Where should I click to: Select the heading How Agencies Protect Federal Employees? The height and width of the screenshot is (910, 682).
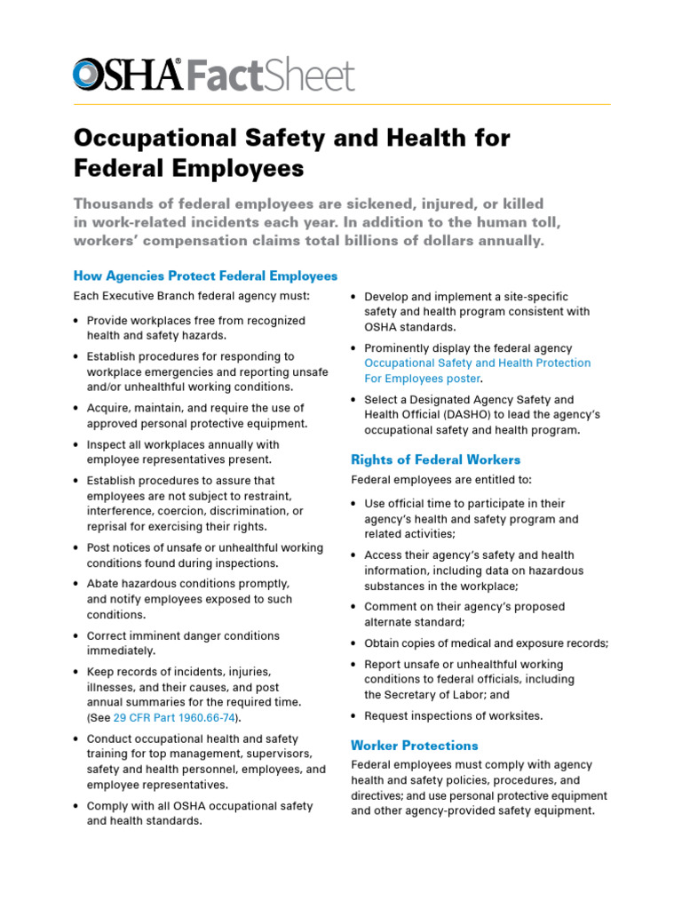[205, 275]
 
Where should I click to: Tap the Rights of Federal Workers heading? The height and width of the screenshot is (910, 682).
[435, 459]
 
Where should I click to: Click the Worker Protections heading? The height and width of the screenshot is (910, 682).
[415, 745]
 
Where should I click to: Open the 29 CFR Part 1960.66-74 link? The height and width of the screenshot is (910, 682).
[177, 717]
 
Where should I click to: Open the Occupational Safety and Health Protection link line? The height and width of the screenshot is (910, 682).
[477, 363]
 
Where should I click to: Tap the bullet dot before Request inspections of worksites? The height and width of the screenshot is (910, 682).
[354, 716]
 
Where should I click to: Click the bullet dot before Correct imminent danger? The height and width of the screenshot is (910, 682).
[76, 636]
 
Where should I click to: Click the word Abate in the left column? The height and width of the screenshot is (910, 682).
[103, 584]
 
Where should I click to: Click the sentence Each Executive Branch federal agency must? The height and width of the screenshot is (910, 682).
[191, 296]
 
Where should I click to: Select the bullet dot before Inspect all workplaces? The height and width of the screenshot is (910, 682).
[76, 445]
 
